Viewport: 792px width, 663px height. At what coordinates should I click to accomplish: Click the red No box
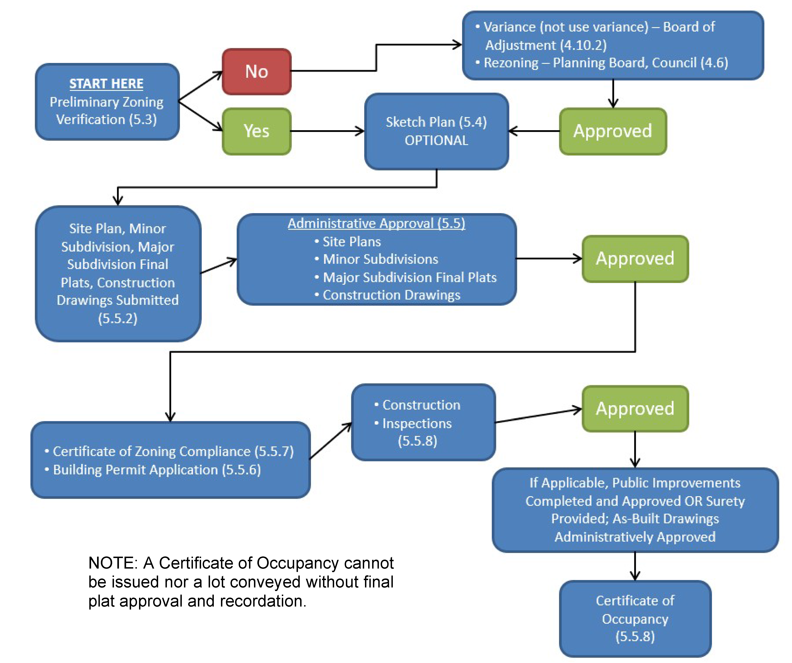pos(256,72)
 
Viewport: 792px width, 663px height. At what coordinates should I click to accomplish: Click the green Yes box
pos(256,131)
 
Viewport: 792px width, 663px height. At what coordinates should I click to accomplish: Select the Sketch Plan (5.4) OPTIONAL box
pos(436,131)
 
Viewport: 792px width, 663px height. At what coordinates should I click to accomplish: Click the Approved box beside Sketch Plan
pos(613,131)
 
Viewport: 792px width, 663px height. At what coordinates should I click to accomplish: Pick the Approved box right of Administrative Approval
pos(635,259)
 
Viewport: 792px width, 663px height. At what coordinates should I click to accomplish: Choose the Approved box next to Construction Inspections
pos(635,409)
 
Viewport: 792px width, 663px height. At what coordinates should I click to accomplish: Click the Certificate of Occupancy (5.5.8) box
pos(635,618)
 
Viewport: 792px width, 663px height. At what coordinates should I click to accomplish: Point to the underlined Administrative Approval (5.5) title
pos(376,223)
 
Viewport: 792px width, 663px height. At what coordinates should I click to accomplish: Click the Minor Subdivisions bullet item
pos(380,259)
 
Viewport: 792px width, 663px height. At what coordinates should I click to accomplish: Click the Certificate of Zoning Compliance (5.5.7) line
pos(173,451)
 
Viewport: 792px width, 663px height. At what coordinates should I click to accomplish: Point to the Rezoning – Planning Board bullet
pos(605,63)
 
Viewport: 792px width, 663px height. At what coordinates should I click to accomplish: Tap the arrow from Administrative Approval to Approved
pos(549,259)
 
